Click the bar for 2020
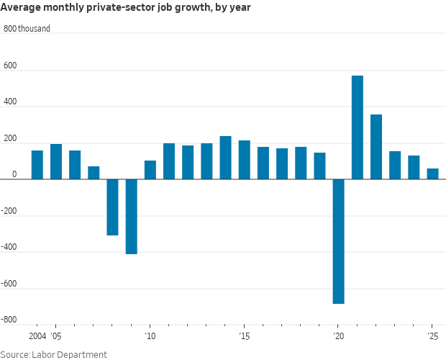(338, 241)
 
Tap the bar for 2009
(131, 217)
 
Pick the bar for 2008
(112, 207)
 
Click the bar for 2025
(432, 174)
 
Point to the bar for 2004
(37, 165)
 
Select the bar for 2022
(376, 147)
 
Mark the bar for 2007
(94, 173)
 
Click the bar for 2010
(150, 170)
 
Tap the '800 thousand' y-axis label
(27, 29)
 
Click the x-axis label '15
(244, 336)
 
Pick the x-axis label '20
(338, 336)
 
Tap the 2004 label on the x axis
(37, 336)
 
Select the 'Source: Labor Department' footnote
(53, 354)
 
